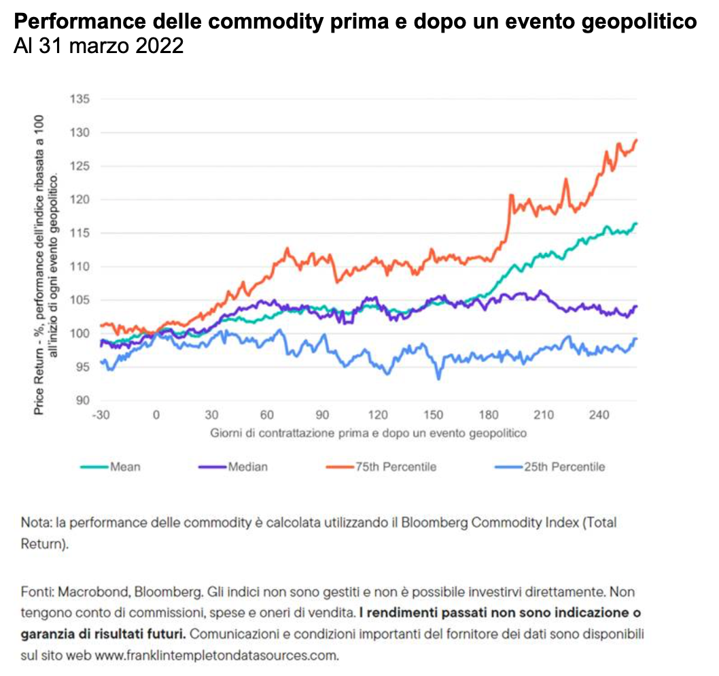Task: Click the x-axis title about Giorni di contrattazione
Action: point(368,432)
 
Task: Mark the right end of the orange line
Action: point(637,139)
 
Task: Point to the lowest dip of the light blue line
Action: point(438,379)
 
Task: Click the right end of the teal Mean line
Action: point(637,223)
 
